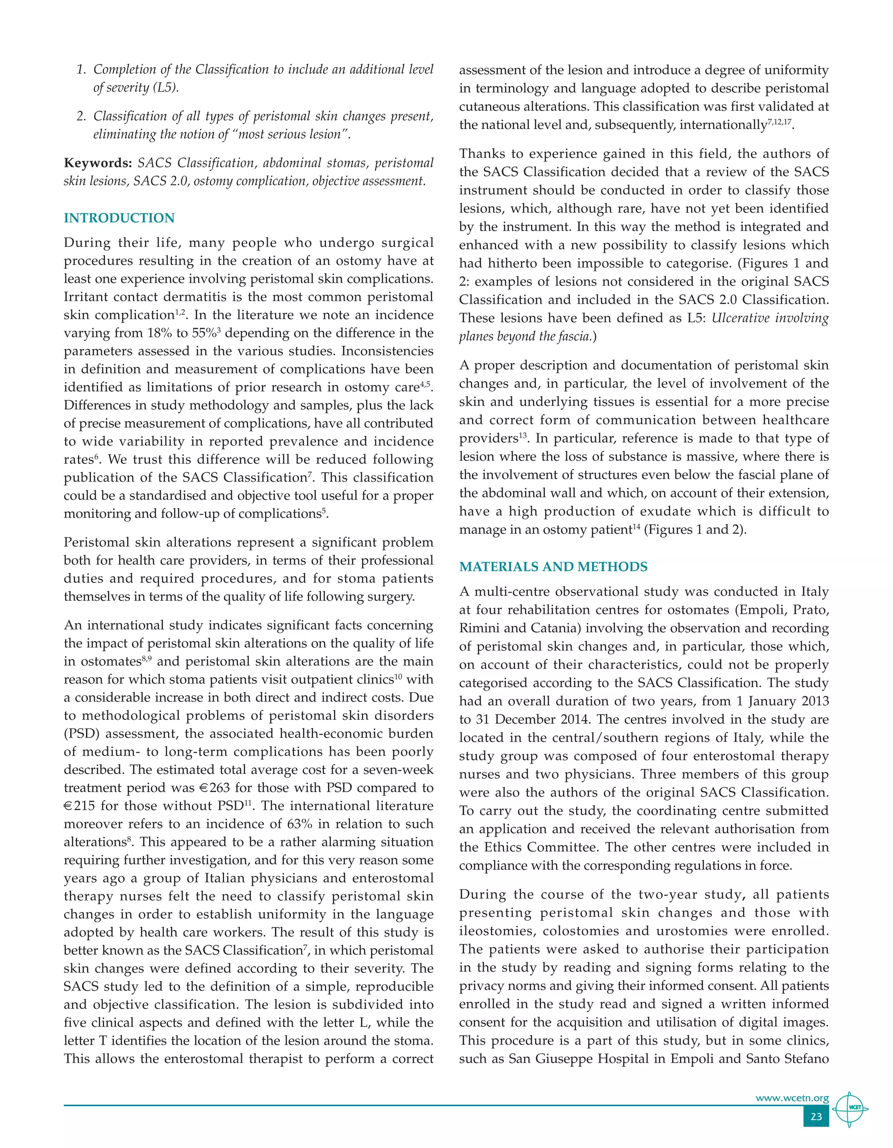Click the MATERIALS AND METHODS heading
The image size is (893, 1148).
click(x=553, y=567)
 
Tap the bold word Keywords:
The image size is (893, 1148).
click(x=98, y=163)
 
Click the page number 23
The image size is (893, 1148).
click(x=816, y=1117)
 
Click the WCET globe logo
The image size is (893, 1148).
click(x=850, y=1109)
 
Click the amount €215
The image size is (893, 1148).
click(x=80, y=806)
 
